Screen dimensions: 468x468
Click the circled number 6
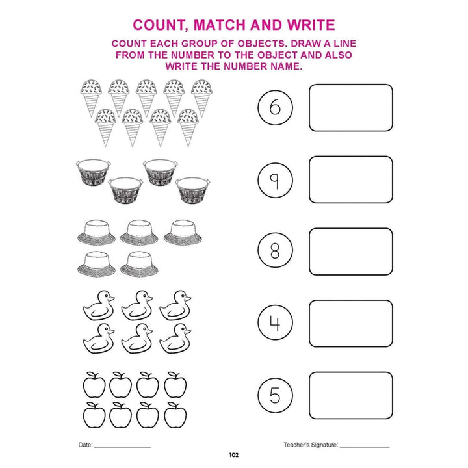275,107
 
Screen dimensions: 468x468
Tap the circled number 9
275,180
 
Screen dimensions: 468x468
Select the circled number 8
275,250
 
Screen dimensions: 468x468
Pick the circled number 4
275,322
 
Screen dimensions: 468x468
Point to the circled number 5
275,395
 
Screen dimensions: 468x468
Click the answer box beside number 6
351,108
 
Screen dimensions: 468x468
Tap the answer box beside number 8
351,252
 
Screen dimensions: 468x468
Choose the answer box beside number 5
351,395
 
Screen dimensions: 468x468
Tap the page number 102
234,455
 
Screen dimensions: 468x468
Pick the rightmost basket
192,190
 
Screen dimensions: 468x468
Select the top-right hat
183,233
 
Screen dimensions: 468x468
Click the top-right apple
175,385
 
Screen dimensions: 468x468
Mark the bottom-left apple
94,415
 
